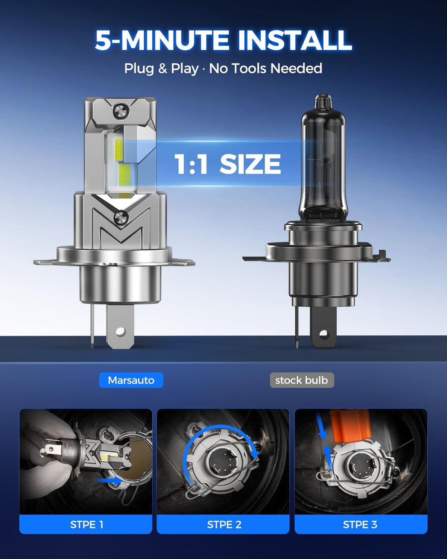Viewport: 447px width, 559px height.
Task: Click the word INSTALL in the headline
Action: [x=295, y=40]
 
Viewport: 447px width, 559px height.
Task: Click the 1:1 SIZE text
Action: [x=228, y=164]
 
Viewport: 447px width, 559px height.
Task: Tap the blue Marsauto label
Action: [x=131, y=380]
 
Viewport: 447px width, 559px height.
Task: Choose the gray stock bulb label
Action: [x=302, y=380]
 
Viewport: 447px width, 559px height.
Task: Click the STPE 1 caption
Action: [x=87, y=524]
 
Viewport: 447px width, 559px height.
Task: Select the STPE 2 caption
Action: [x=224, y=524]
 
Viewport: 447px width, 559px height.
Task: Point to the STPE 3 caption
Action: [x=360, y=524]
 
